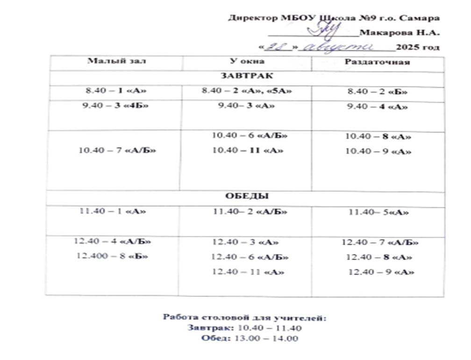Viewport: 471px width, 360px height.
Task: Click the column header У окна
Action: (247, 61)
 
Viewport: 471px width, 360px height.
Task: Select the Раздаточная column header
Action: (377, 62)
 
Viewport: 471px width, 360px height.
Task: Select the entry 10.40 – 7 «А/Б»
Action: (117, 150)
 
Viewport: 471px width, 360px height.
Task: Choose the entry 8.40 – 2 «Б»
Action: (378, 92)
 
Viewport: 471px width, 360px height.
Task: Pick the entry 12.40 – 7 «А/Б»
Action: (379, 242)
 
